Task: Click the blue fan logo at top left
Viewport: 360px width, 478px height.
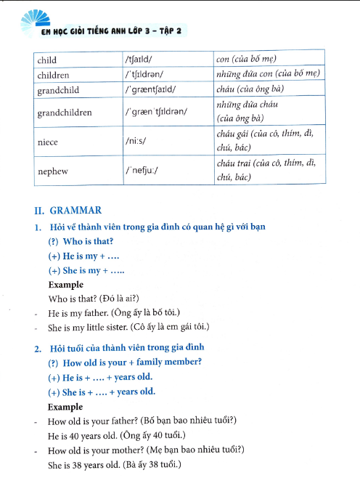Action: click(33, 18)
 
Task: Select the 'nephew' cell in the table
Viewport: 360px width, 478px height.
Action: click(52, 171)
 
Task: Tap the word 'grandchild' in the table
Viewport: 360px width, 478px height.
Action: click(57, 91)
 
